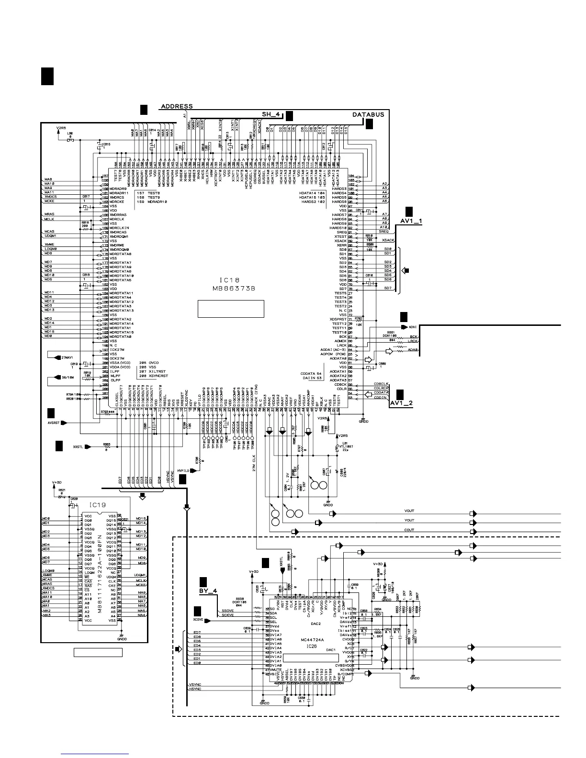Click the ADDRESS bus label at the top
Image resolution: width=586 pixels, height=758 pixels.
click(x=177, y=106)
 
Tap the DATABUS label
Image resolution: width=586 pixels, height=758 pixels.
click(x=368, y=115)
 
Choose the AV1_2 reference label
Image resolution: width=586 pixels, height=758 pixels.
click(x=401, y=403)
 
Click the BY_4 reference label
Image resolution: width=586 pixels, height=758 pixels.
click(x=208, y=591)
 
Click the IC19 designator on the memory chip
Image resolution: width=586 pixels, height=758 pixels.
click(x=98, y=504)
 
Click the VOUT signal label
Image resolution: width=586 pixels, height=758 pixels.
click(x=409, y=511)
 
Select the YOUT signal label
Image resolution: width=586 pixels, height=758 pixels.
click(x=409, y=520)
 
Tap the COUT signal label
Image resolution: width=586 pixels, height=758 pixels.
click(x=409, y=530)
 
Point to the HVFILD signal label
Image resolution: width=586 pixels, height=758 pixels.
click(x=184, y=471)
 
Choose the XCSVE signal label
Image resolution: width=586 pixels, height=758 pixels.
click(x=198, y=619)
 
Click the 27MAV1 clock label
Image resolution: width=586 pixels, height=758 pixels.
click(x=67, y=357)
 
